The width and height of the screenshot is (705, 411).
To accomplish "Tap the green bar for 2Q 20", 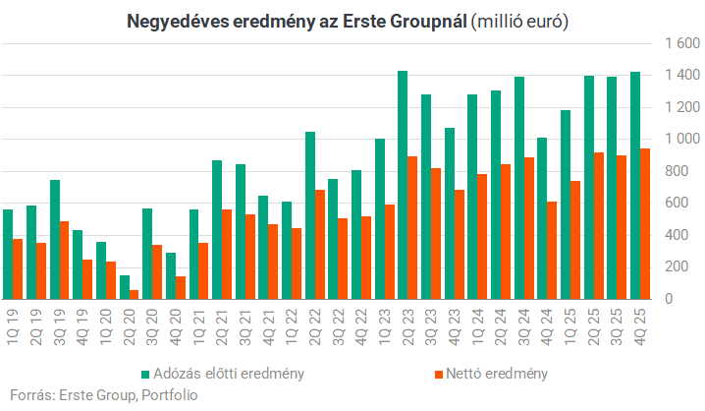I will (125, 286).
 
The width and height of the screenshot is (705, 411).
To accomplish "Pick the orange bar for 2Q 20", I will (135, 294).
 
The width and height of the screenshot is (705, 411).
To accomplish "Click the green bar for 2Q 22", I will (310, 215).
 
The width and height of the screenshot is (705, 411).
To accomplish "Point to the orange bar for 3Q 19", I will (64, 260).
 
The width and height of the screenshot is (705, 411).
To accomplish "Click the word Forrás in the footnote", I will (27, 395).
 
